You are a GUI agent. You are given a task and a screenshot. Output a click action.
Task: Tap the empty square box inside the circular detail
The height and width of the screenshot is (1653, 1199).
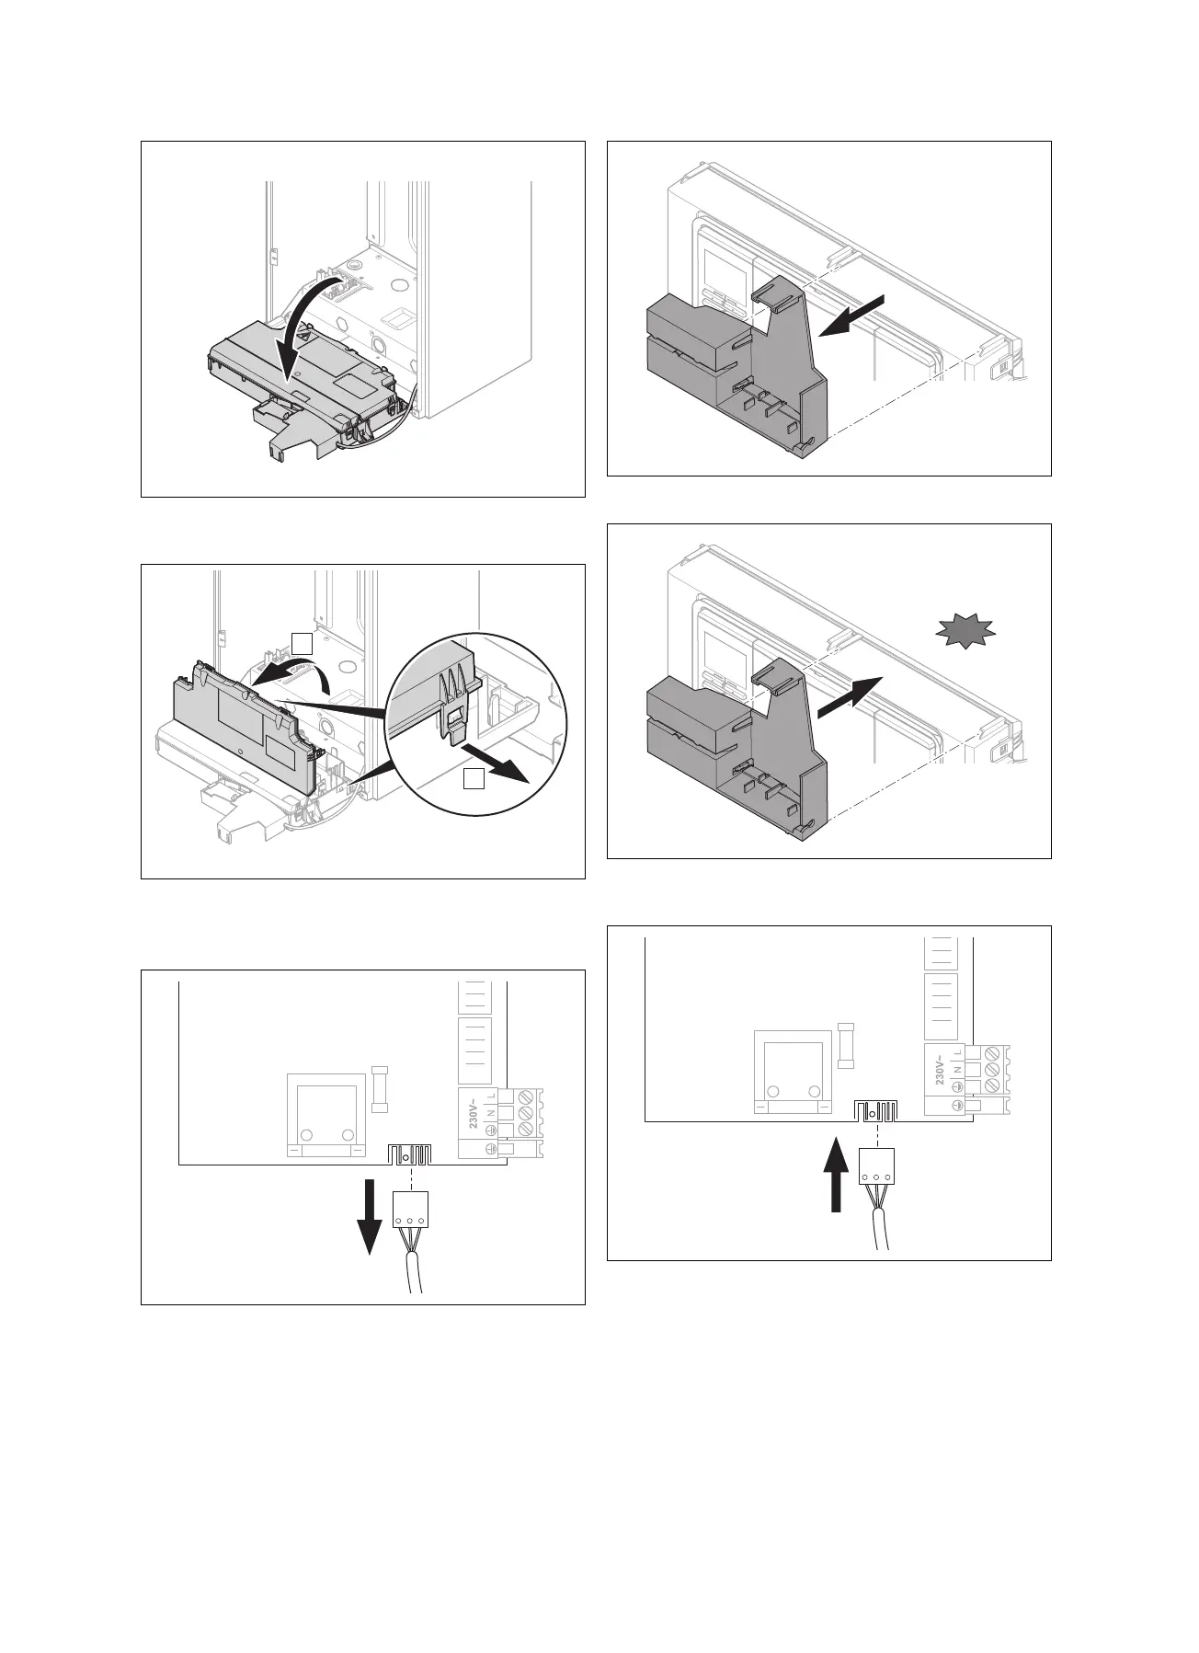pos(473,779)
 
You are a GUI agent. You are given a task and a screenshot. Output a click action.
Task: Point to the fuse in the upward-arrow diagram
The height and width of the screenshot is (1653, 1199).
pos(847,1044)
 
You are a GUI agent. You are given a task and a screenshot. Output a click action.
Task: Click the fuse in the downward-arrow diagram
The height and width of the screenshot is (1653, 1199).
pos(380,1089)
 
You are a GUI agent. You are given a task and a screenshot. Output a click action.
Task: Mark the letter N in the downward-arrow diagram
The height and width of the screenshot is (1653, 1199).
pos(490,1112)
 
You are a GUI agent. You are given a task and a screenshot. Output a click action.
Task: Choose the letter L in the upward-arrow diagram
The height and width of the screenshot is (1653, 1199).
pos(957,1052)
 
